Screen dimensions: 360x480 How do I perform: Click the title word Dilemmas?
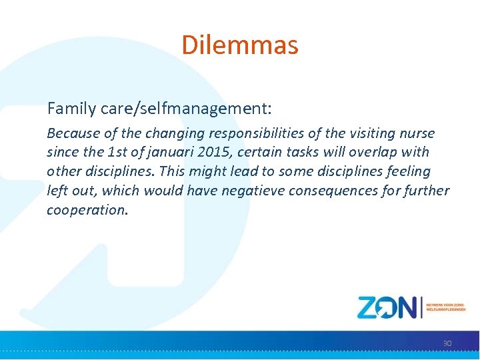[x=240, y=45]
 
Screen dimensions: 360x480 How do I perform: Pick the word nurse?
[x=416, y=133]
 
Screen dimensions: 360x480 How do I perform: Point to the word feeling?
[x=408, y=171]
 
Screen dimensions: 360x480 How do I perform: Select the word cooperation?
[x=87, y=210]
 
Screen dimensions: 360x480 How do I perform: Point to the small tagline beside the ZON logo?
[x=446, y=307]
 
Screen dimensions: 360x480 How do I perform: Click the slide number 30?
[x=447, y=343]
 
